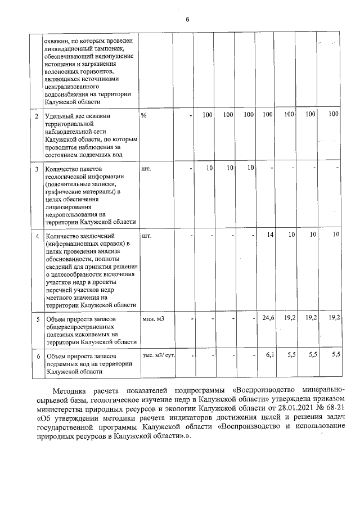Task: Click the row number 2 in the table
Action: (x=37, y=115)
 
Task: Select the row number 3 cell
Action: (x=37, y=169)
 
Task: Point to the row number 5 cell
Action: (x=37, y=319)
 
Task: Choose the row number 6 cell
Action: (x=37, y=357)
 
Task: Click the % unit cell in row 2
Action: (x=144, y=115)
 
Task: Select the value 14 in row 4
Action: (x=270, y=235)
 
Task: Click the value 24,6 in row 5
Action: (x=268, y=318)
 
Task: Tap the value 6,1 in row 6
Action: (x=269, y=356)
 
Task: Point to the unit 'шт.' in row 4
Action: (x=147, y=235)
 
